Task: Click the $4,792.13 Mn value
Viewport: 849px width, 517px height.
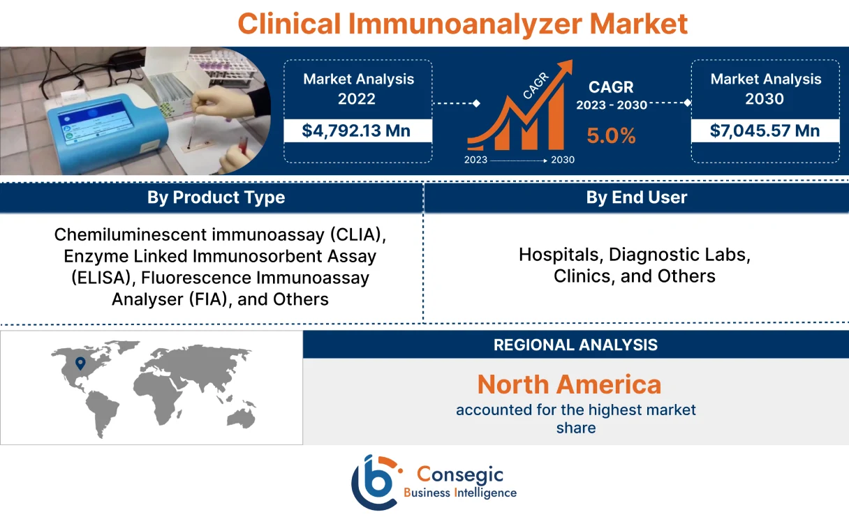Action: click(x=357, y=130)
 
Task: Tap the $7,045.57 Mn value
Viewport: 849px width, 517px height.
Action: click(x=765, y=130)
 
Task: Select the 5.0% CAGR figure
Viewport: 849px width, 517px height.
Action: click(x=611, y=135)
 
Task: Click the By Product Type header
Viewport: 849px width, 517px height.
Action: click(x=216, y=197)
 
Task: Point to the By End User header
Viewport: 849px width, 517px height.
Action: click(x=636, y=197)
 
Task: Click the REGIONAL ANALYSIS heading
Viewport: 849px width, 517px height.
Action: click(x=575, y=345)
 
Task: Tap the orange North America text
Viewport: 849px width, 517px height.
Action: click(x=569, y=384)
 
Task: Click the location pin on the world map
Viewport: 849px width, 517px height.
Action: click(x=80, y=363)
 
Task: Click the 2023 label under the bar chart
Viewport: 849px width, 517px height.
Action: click(x=476, y=160)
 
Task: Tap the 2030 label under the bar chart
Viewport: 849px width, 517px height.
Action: click(x=563, y=160)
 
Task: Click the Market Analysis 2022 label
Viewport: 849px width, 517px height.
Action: click(x=358, y=89)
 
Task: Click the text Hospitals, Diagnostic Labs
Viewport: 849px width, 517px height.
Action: click(x=634, y=255)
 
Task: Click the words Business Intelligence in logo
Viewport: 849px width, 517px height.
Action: click(x=460, y=493)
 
